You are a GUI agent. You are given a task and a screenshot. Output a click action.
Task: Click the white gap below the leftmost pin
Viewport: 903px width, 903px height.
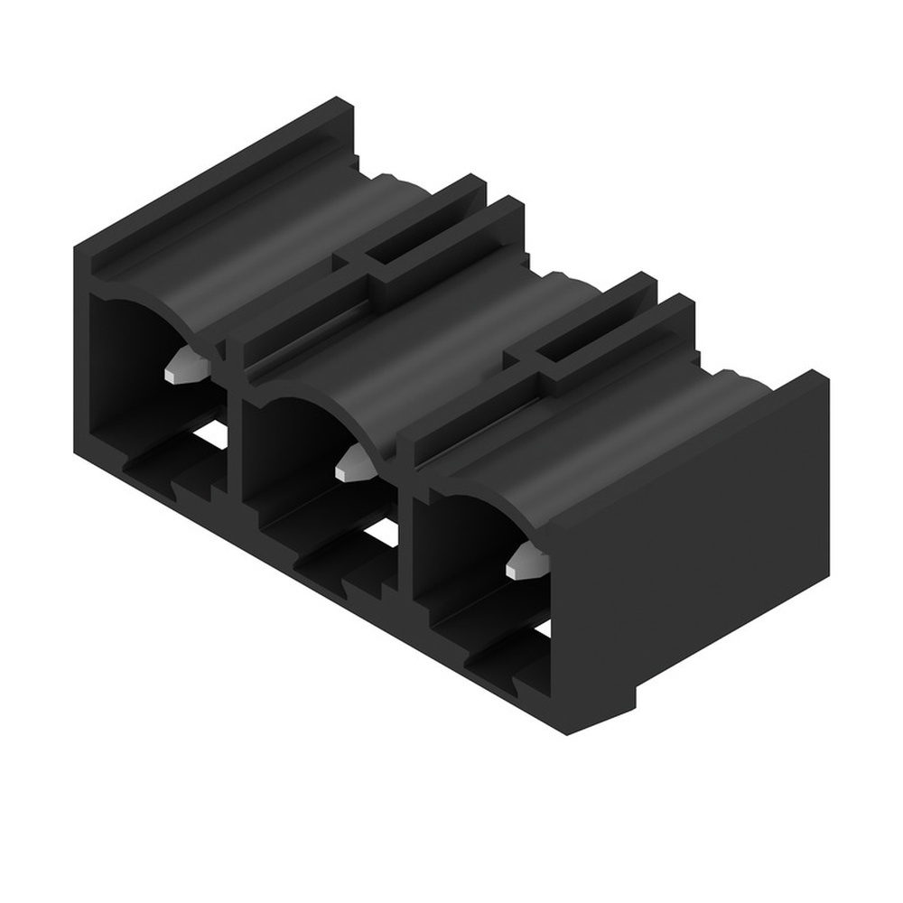click(x=211, y=434)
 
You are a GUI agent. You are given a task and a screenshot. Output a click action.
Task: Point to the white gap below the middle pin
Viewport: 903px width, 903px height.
click(x=381, y=533)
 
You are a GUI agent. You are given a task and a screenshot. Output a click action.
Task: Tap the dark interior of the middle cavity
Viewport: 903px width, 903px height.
click(x=289, y=451)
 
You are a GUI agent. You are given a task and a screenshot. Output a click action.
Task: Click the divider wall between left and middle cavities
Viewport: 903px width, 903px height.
click(x=232, y=433)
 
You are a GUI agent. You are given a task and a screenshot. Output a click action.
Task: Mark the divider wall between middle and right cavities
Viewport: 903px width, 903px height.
click(x=405, y=533)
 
